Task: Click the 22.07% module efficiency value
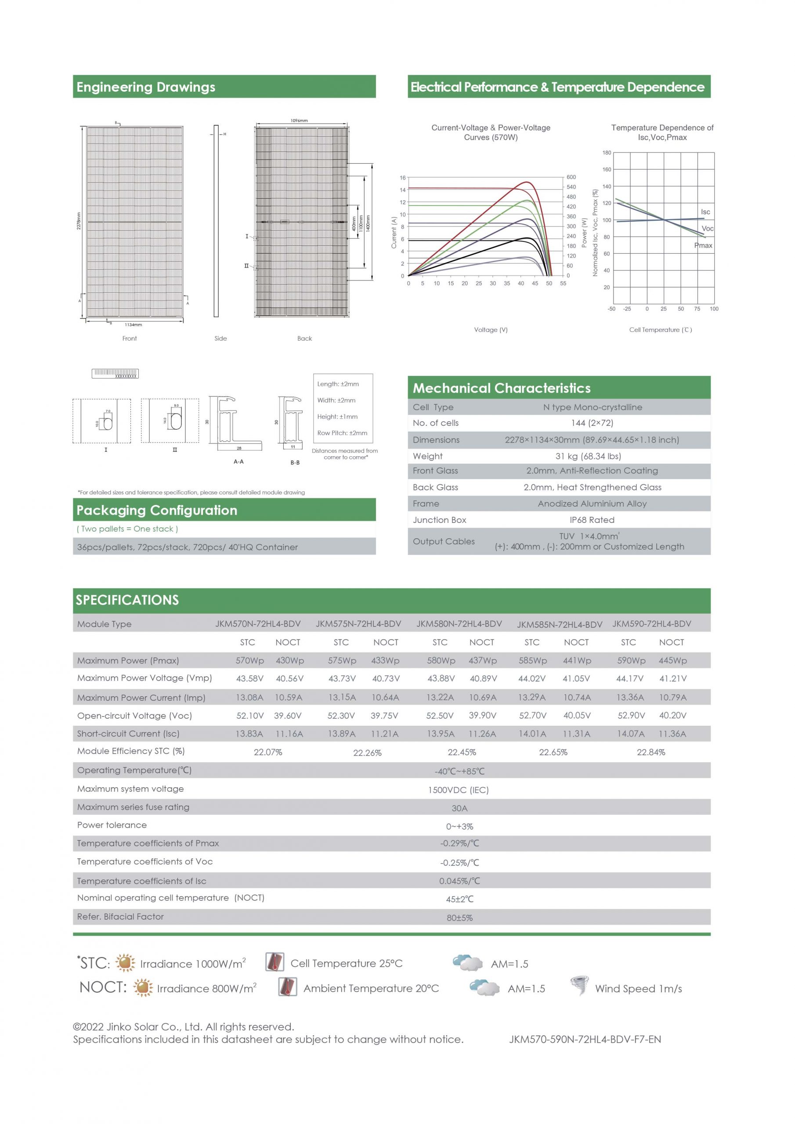267,752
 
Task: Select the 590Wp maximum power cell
631,660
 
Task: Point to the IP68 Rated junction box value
592,520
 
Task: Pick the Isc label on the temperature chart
705,212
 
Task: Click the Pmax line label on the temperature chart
703,245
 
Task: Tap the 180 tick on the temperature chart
607,153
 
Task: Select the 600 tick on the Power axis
571,177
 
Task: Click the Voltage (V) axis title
490,330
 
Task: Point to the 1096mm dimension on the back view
299,120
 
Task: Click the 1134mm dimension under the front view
133,324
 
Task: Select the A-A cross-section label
238,461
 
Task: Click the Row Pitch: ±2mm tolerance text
342,433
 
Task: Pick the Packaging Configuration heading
157,510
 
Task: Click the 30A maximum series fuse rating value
459,808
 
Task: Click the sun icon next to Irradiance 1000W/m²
125,962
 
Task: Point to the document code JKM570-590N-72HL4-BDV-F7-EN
585,1039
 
